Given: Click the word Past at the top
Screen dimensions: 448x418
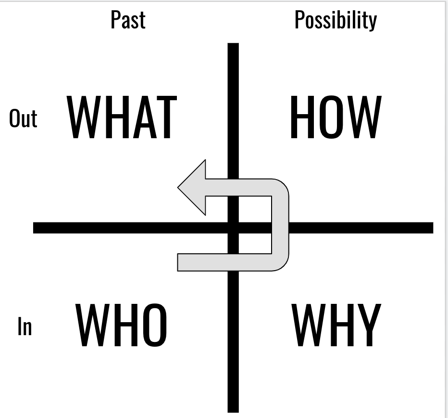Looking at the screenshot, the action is (128, 20).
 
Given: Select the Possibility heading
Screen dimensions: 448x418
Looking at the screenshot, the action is (336, 20).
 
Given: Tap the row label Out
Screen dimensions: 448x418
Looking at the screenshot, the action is (23, 118).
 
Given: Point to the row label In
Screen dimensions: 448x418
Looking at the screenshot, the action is (25, 326).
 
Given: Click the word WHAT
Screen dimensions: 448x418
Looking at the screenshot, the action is (122, 118).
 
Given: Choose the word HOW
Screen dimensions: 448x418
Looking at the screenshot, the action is (336, 117).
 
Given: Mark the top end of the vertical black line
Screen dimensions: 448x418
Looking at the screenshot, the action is (233, 45).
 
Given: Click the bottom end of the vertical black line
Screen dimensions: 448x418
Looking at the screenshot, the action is (233, 410).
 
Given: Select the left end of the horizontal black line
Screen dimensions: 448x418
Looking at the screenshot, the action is (35, 228).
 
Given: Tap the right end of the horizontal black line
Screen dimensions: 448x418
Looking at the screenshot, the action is (431, 228).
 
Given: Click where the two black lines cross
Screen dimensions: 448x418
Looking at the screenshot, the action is (233, 228).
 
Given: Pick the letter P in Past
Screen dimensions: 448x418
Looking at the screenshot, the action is (115, 20).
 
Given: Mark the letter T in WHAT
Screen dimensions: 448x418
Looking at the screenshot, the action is (165, 118).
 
